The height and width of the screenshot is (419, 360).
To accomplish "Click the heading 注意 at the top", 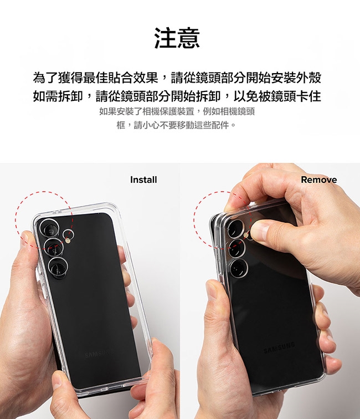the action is (177, 38).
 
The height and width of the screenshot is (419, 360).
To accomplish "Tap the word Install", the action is (143, 180).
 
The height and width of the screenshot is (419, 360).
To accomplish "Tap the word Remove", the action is (319, 180).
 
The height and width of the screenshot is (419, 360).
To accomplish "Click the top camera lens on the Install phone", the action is (49, 228).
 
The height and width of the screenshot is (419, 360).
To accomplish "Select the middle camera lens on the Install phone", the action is (53, 248).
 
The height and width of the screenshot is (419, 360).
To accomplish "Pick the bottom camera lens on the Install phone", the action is (58, 268).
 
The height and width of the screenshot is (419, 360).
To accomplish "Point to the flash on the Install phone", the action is (68, 241).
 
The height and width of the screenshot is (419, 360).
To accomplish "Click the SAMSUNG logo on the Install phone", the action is (97, 355).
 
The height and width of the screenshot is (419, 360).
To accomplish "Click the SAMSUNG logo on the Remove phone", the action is (279, 347).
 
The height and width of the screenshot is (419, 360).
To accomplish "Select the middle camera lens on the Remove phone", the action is (236, 248).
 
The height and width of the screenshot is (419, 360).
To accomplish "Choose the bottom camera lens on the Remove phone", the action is (238, 268).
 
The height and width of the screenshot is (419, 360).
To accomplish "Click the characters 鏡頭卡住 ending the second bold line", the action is (296, 96).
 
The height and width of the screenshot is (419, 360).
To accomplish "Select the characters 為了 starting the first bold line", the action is (45, 78).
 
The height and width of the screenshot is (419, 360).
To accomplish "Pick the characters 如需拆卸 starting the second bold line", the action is (58, 96).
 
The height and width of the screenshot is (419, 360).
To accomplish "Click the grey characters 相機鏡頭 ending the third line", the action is (237, 111).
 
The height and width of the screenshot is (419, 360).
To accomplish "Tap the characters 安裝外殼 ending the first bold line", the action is (296, 78).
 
